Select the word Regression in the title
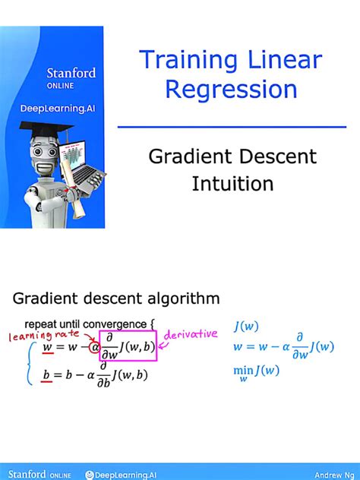coord(232,90)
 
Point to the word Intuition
coord(232,184)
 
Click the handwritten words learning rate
coord(41,335)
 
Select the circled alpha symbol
coord(94,349)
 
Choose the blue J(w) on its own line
coord(247,327)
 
